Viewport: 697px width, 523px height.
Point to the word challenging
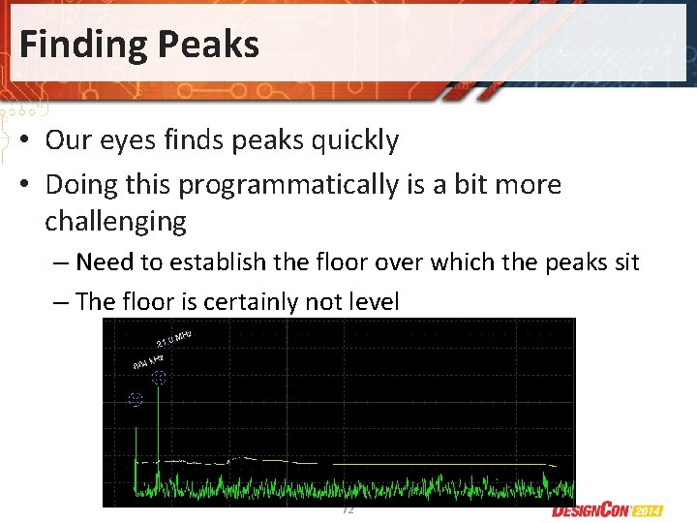(x=115, y=222)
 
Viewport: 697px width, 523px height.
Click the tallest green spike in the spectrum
(x=159, y=426)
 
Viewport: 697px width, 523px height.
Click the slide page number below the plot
(x=348, y=509)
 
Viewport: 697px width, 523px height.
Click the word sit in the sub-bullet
(x=627, y=262)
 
